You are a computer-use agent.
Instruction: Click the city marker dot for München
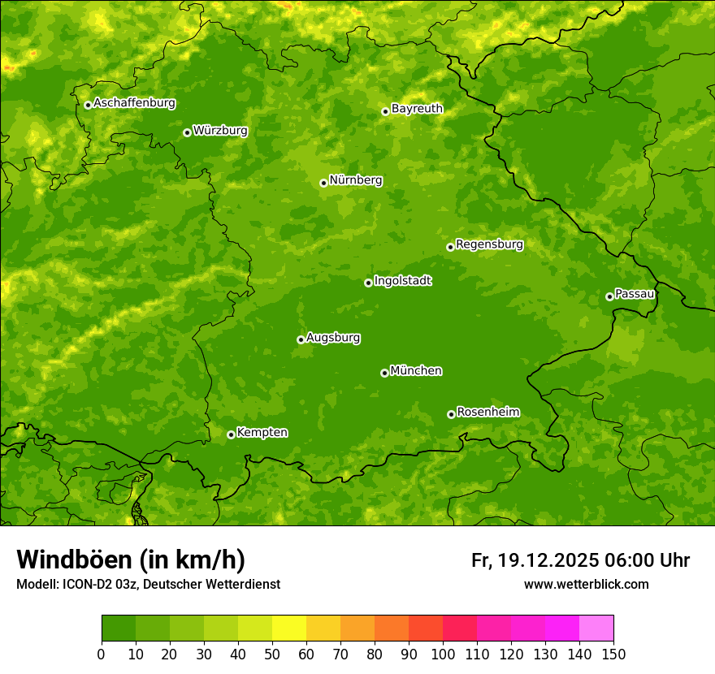click(x=384, y=373)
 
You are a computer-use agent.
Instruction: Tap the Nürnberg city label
click(x=355, y=180)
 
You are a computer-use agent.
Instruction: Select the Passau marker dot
click(x=609, y=296)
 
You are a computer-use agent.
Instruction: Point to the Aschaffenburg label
click(x=134, y=103)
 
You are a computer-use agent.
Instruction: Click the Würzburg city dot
click(x=187, y=132)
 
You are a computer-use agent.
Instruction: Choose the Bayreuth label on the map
click(x=417, y=109)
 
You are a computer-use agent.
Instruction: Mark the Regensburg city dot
click(x=450, y=247)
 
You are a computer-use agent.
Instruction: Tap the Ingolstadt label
click(x=402, y=281)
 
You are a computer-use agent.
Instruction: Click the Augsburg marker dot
click(x=301, y=339)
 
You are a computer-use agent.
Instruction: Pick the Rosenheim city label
click(x=487, y=413)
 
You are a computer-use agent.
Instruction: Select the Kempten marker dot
click(x=231, y=434)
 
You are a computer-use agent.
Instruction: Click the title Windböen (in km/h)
click(x=130, y=560)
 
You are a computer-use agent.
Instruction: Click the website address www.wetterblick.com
click(x=586, y=584)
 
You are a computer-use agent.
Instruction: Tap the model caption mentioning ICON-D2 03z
click(x=148, y=584)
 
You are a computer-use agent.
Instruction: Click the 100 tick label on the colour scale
click(x=443, y=654)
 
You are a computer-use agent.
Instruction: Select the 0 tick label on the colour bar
click(x=102, y=654)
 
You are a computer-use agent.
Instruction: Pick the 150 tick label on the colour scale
click(x=613, y=654)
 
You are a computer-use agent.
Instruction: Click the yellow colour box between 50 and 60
click(x=289, y=629)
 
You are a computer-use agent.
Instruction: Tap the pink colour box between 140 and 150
click(x=596, y=629)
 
